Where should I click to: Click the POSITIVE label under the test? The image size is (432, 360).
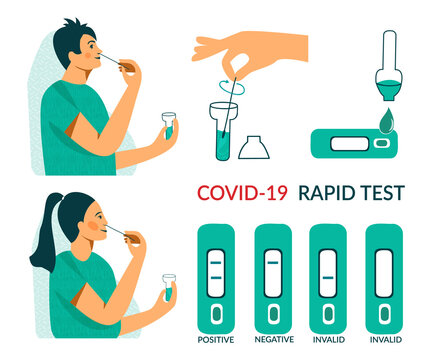coord(217,339)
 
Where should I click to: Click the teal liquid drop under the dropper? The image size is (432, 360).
coord(386,120)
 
